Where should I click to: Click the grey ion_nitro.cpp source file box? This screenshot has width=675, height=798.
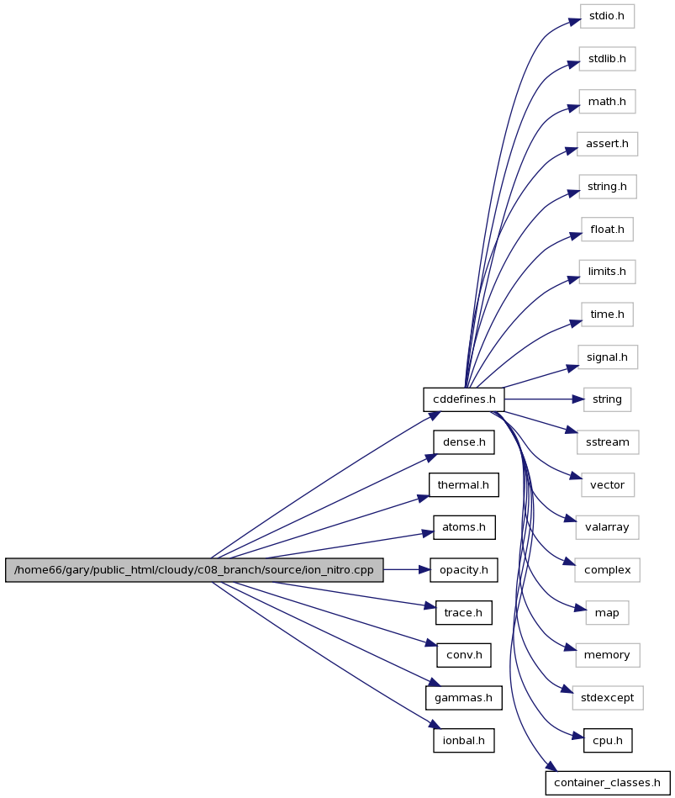point(194,570)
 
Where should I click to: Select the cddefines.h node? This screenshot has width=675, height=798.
point(464,399)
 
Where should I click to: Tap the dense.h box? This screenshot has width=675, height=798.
point(464,442)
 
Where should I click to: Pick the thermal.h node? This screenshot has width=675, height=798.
point(463,485)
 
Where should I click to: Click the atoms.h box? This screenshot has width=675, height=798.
point(464,527)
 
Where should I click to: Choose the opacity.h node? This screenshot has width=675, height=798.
point(464,570)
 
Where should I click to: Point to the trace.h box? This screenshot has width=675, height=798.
point(463,613)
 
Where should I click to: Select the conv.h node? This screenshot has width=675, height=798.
point(464,655)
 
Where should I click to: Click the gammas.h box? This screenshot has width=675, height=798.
point(463,698)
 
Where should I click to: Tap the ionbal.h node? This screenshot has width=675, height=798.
point(463,741)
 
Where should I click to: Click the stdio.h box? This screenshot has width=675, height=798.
point(607,16)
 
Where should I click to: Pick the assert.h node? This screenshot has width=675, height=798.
point(607,144)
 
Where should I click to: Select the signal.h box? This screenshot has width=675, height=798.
point(608,357)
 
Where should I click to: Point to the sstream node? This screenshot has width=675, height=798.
point(608,442)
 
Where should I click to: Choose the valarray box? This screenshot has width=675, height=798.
point(608,527)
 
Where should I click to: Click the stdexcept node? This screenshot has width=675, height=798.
point(608,698)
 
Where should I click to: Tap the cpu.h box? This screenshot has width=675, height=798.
point(608,741)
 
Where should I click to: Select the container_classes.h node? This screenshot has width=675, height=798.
point(608,783)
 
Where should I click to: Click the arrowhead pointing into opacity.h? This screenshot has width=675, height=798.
point(425,570)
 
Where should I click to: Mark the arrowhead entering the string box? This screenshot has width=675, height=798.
point(577,399)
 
